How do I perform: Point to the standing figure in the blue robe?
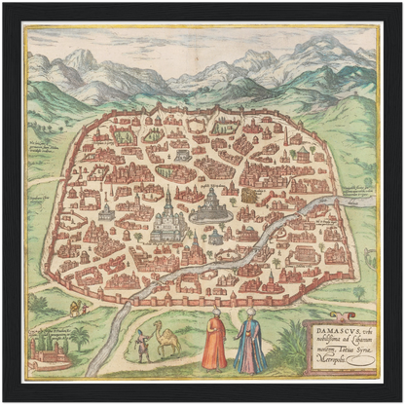250,346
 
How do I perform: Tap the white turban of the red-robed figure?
217,313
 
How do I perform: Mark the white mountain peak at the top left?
80,58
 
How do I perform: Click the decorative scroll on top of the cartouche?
341,318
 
